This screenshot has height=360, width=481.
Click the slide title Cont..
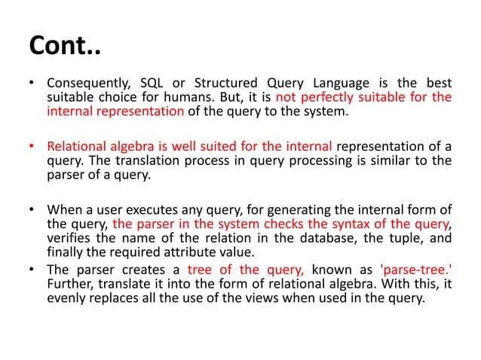(64, 47)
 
